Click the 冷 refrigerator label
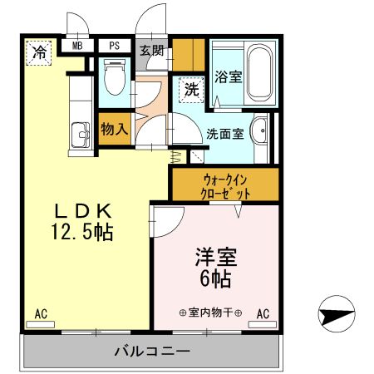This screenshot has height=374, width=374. point(39,53)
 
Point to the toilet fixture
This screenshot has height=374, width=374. point(115,78)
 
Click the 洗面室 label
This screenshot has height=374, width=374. point(224,133)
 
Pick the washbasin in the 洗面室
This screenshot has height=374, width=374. point(259,130)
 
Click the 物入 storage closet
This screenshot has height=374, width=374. point(114,129)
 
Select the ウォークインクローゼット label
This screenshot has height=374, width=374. point(224,185)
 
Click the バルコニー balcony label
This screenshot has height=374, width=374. point(150,352)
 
